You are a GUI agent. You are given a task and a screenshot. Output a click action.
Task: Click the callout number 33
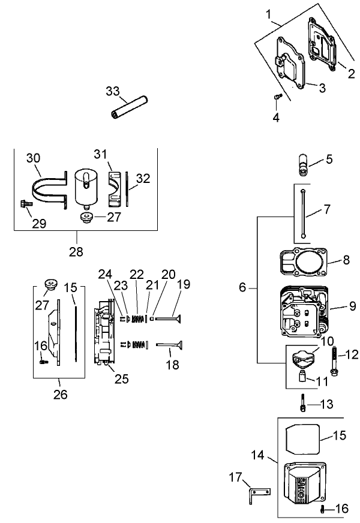[x=113, y=91]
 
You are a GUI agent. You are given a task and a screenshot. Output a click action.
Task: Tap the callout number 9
[x=352, y=306]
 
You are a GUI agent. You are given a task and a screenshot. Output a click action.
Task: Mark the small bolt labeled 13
[x=304, y=406]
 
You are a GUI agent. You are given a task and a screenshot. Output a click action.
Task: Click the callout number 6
[x=242, y=287]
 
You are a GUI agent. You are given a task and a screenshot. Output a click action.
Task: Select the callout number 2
[x=352, y=74]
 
